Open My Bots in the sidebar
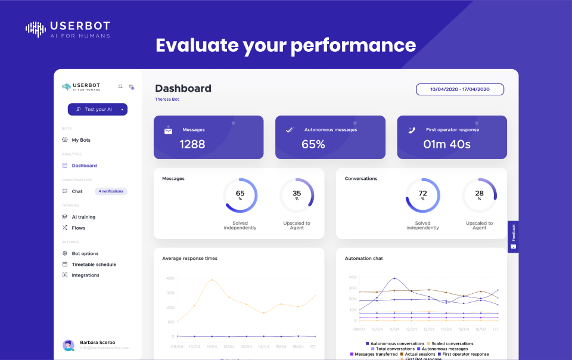tap(81, 140)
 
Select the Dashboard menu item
tap(84, 166)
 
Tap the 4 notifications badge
tap(111, 191)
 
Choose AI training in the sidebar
tap(83, 217)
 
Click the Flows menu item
tap(79, 228)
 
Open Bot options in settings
tap(85, 253)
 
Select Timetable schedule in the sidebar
tap(94, 264)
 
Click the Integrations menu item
tap(85, 275)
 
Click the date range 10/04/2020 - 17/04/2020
tap(459, 89)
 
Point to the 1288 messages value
tap(192, 144)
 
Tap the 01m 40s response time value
tap(447, 144)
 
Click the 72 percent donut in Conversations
tap(423, 195)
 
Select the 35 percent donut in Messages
tap(297, 195)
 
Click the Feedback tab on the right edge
tap(514, 237)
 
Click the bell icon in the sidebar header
tap(120, 86)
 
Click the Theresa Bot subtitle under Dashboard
tap(167, 100)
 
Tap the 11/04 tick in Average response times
tap(212, 346)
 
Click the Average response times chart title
tap(189, 259)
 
